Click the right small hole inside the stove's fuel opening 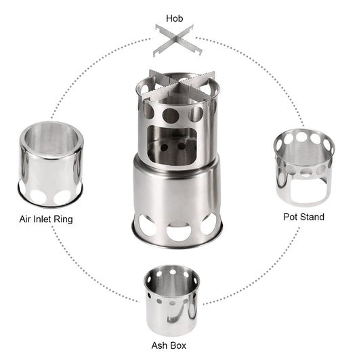[x=184, y=145]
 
